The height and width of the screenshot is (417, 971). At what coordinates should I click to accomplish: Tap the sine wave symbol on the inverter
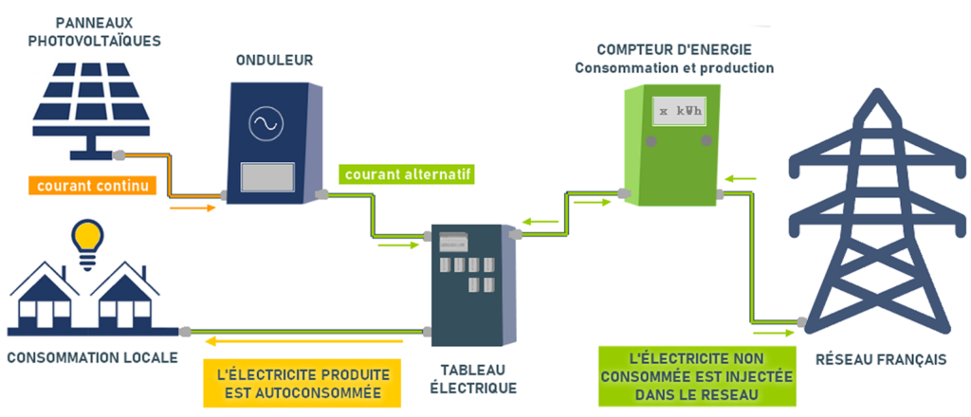(x=263, y=124)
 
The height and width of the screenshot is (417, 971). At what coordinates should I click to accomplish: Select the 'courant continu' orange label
(x=91, y=186)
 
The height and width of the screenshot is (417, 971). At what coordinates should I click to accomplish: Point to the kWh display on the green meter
(x=680, y=113)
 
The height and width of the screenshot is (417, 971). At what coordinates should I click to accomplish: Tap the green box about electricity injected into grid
(x=698, y=376)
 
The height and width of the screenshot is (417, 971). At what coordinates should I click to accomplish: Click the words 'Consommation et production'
(x=674, y=68)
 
